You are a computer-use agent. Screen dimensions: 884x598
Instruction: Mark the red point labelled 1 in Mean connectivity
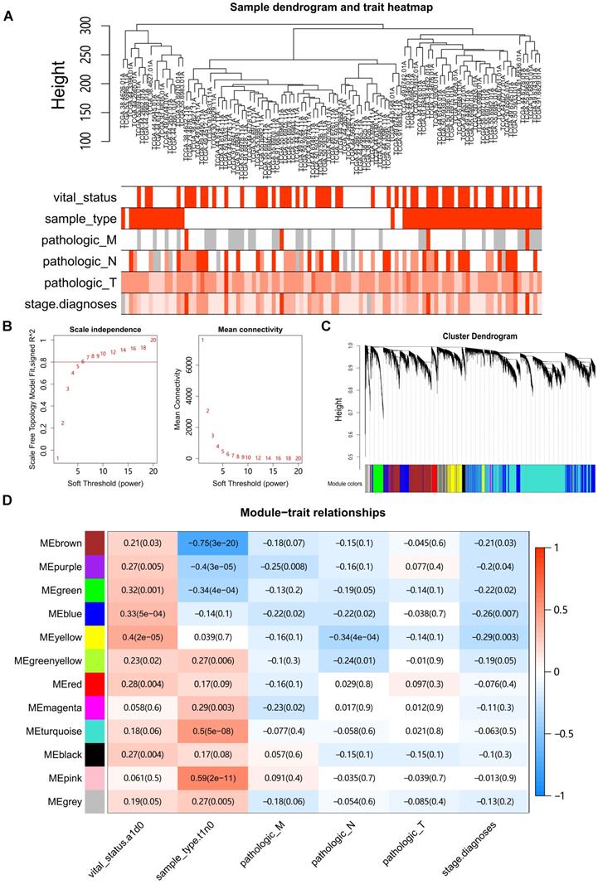[201, 341]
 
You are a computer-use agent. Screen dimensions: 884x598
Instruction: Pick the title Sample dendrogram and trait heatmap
[332, 7]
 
